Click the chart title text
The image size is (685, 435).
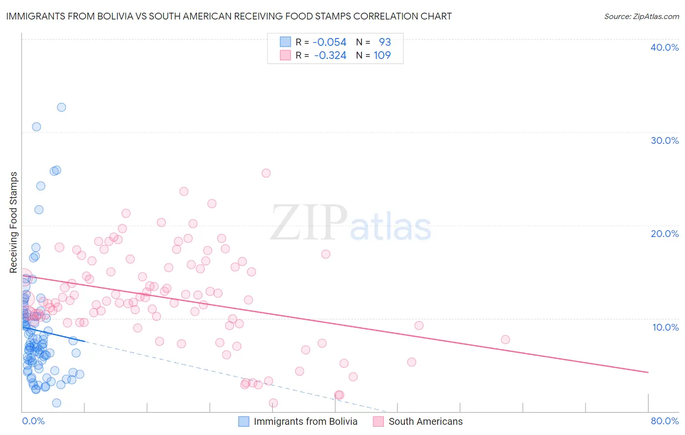[x=228, y=16]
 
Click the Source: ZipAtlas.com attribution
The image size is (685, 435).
[x=641, y=16]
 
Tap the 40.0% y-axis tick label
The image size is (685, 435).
[x=664, y=47]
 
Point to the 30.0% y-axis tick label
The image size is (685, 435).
[x=664, y=140]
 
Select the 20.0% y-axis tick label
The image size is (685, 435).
[x=664, y=234]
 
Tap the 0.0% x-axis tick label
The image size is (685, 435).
[x=33, y=421]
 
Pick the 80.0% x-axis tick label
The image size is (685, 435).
[x=664, y=421]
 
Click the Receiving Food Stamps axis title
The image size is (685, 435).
[x=14, y=222]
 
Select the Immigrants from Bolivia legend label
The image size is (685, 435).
[x=305, y=421]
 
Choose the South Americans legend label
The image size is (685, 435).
[x=425, y=421]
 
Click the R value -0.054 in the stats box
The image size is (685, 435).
[x=329, y=42]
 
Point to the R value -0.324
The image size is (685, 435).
[x=330, y=56]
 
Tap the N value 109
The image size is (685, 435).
[x=382, y=56]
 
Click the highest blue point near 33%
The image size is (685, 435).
[x=61, y=107]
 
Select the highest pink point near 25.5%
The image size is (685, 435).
[x=266, y=173]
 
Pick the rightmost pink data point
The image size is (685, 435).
[x=505, y=339]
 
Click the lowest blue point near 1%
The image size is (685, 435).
[x=57, y=403]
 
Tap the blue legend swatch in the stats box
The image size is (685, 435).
[x=285, y=42]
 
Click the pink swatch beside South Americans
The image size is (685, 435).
[x=379, y=421]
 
